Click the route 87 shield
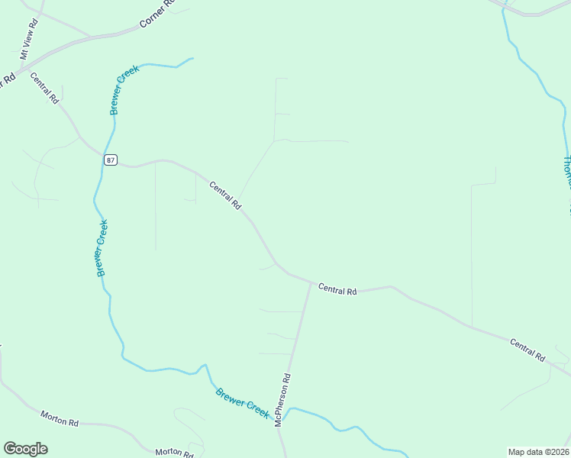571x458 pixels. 111,160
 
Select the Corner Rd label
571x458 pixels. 156,14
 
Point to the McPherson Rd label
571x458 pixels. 282,399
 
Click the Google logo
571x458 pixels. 25,449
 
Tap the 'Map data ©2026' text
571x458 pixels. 537,452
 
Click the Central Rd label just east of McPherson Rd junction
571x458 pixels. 337,289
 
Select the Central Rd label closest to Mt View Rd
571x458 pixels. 44,87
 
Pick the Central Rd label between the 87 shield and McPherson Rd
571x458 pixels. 225,195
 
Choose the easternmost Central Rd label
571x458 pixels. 527,350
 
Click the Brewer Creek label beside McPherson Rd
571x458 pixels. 242,403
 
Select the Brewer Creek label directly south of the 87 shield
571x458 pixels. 102,248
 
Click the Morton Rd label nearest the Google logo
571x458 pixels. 60,418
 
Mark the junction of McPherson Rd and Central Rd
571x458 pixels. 311,283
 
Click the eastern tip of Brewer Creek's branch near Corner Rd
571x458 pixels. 192,59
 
